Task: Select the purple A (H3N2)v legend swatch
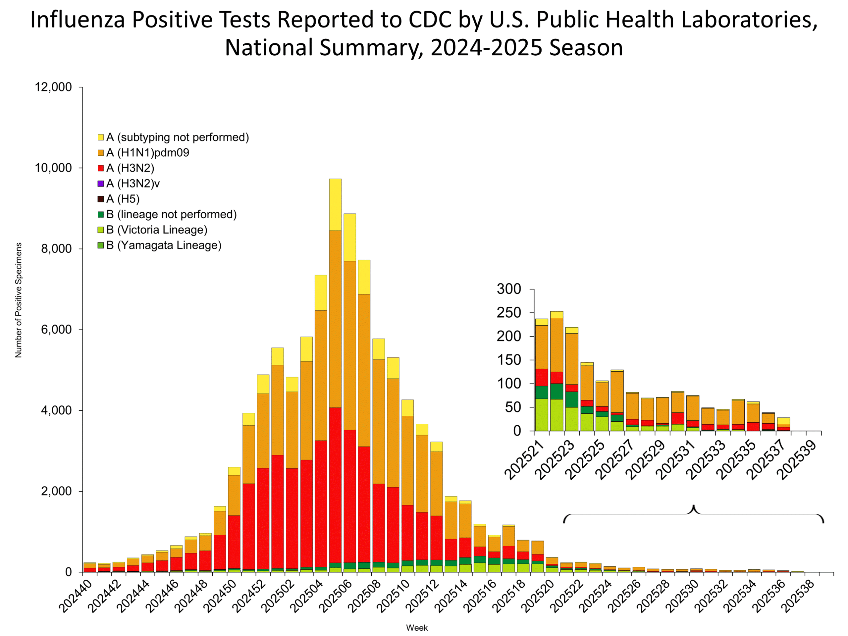point(101,184)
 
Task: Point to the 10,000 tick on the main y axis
point(53,168)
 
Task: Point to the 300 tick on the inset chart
point(509,289)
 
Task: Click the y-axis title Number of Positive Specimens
point(19,300)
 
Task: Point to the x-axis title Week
point(417,628)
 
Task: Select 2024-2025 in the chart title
point(486,48)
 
